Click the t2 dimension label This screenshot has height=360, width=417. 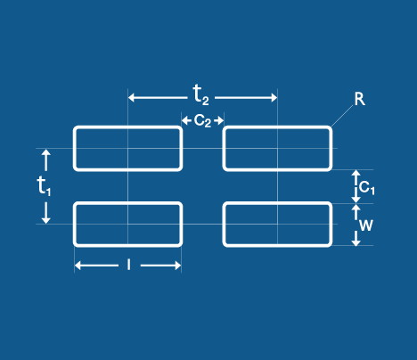pyautogui.click(x=200, y=94)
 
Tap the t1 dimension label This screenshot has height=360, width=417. pyautogui.click(x=44, y=185)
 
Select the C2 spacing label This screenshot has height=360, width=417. pyautogui.click(x=202, y=120)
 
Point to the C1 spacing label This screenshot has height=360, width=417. pyautogui.click(x=367, y=188)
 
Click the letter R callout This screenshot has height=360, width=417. pyautogui.click(x=360, y=99)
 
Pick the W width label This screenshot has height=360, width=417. pyautogui.click(x=365, y=225)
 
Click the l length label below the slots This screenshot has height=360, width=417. pyautogui.click(x=128, y=265)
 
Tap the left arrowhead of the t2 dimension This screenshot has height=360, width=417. pyautogui.click(x=131, y=97)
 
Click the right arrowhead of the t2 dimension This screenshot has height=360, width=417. pyautogui.click(x=274, y=97)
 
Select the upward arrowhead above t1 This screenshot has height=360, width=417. pyautogui.click(x=45, y=152)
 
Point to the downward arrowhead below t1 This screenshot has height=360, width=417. pyautogui.click(x=45, y=220)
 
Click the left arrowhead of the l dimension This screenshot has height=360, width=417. pyautogui.click(x=78, y=266)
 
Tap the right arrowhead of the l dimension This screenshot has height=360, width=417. pyautogui.click(x=177, y=266)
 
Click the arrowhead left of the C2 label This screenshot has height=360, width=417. pyautogui.click(x=184, y=120)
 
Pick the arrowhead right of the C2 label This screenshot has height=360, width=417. pyautogui.click(x=220, y=120)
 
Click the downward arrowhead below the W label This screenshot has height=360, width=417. pyautogui.click(x=356, y=242)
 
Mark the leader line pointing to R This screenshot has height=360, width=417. pyautogui.click(x=342, y=116)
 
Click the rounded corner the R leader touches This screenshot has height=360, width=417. pyautogui.click(x=330, y=129)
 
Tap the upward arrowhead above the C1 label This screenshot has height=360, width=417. pyautogui.click(x=356, y=173)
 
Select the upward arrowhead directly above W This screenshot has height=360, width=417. pyautogui.click(x=356, y=207)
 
